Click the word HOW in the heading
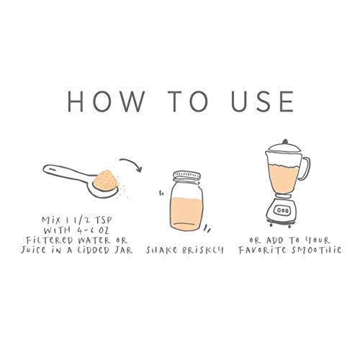(106, 102)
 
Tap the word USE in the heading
(262, 102)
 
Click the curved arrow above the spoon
(132, 163)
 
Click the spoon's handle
(67, 172)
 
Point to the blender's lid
(284, 146)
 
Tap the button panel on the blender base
(283, 211)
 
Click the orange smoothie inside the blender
(284, 178)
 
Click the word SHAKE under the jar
(162, 250)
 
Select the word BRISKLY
(202, 250)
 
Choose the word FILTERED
(50, 240)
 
